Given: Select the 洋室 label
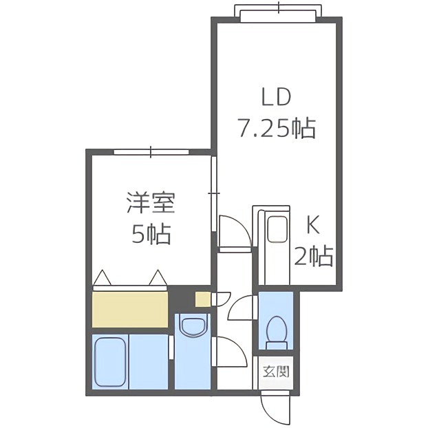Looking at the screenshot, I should (151, 204).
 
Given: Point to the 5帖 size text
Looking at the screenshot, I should (151, 235).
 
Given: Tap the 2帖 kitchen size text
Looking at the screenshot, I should (313, 256).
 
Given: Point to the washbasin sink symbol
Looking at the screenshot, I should (191, 325).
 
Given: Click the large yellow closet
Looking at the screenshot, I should (130, 309).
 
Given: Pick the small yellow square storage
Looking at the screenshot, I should (202, 299).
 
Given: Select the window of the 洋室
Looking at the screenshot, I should (151, 151).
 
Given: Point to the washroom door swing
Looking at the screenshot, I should (231, 355).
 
